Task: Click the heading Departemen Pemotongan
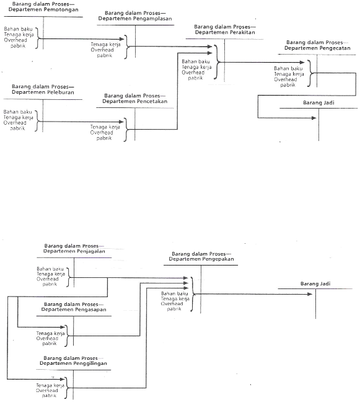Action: coord(43,9)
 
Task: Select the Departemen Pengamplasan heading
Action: coord(135,19)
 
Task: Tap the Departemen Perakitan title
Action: coord(225,32)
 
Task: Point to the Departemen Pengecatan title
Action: coord(317,48)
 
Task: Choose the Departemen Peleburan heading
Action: coord(43,92)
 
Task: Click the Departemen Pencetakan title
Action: coord(134,101)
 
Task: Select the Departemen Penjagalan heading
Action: coord(74,251)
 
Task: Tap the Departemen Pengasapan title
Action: coord(74,310)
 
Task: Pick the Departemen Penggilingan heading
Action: coord(73,364)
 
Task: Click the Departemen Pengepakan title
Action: coord(201,259)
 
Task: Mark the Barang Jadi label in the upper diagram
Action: coord(318,103)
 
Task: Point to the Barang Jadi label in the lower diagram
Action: coord(315,284)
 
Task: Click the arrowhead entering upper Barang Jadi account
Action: coord(314,118)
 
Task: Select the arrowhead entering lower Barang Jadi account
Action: coord(310,294)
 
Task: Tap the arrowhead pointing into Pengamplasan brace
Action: coord(121,39)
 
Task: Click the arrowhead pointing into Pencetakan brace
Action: coord(121,122)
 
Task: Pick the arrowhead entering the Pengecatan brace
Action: coord(302,62)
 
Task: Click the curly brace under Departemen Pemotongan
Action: coord(38,38)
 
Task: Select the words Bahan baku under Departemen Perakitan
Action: coord(196,61)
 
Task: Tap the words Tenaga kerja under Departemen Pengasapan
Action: coord(50,333)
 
